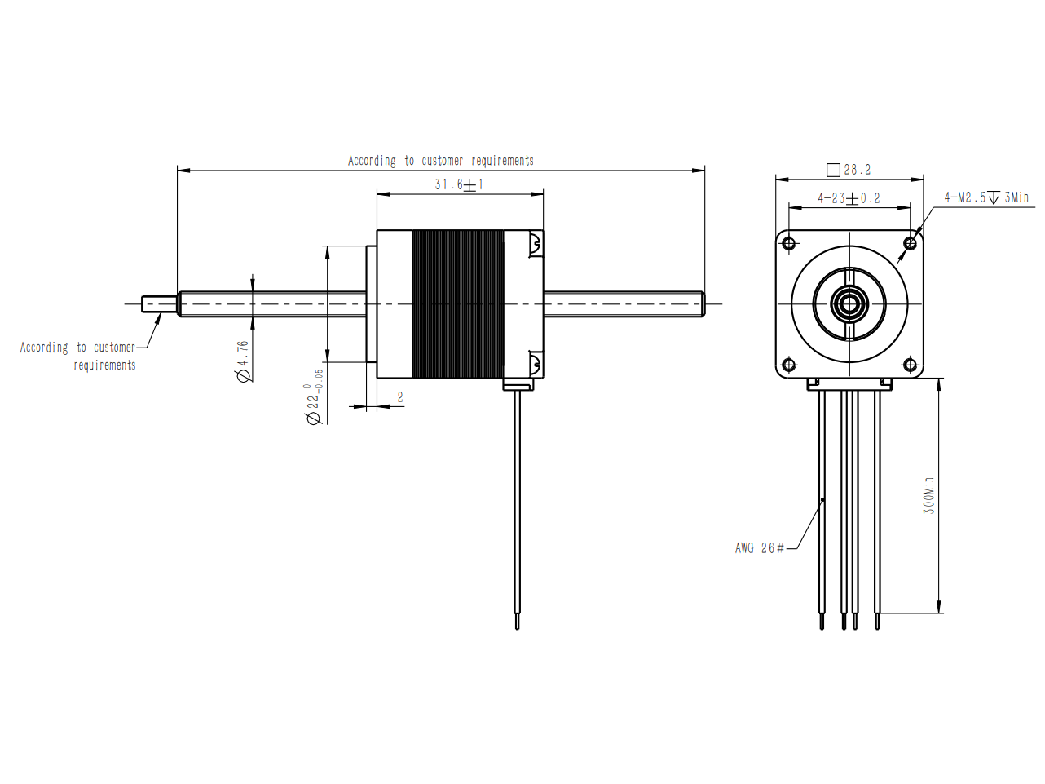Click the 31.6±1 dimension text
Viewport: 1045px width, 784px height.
coord(459,184)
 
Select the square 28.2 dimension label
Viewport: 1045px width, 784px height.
coord(849,170)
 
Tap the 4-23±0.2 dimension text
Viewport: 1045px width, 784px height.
coord(849,198)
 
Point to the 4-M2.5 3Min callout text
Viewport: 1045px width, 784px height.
coord(986,197)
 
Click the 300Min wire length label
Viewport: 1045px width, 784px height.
coord(928,495)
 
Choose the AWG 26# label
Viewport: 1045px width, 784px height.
coord(760,548)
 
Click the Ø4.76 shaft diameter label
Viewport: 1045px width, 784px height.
coord(243,361)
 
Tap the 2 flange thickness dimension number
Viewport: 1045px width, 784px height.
coord(400,396)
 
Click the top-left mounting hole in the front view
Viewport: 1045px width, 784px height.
coord(789,244)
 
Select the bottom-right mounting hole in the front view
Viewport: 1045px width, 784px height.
coord(910,365)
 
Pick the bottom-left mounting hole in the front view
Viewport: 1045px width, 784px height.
coord(789,365)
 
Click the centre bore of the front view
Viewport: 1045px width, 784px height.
coord(849,303)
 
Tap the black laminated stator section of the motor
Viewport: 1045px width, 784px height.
coord(457,303)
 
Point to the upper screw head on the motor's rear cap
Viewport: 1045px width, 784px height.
coord(535,243)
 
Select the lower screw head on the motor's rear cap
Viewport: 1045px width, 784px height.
coord(535,364)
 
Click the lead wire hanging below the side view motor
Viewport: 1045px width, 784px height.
coord(518,510)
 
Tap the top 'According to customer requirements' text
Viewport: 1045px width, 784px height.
coord(441,161)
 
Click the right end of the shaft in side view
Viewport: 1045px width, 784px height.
coord(703,303)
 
